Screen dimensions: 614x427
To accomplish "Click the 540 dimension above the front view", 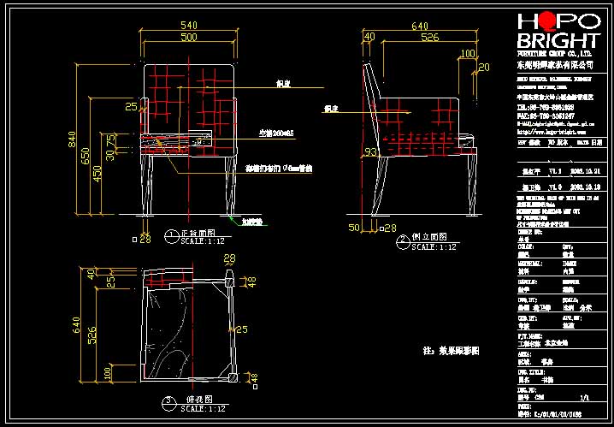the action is [x=188, y=26].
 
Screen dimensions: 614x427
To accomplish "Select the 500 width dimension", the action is [x=188, y=38].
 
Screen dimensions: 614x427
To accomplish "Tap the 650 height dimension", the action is [x=86, y=156].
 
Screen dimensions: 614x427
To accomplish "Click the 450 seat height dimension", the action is [x=97, y=174].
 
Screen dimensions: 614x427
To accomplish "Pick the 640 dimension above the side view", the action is [x=420, y=26].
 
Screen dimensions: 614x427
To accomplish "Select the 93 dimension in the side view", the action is [x=346, y=151].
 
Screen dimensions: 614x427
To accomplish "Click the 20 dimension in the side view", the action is [x=484, y=67].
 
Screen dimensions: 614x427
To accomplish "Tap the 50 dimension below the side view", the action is [x=354, y=228].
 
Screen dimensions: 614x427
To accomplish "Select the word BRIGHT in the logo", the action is [x=557, y=42].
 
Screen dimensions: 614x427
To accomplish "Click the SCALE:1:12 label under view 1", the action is [x=204, y=242].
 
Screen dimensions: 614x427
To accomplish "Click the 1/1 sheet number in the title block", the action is [x=585, y=398].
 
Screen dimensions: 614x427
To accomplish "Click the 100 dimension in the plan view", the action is [x=107, y=373].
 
